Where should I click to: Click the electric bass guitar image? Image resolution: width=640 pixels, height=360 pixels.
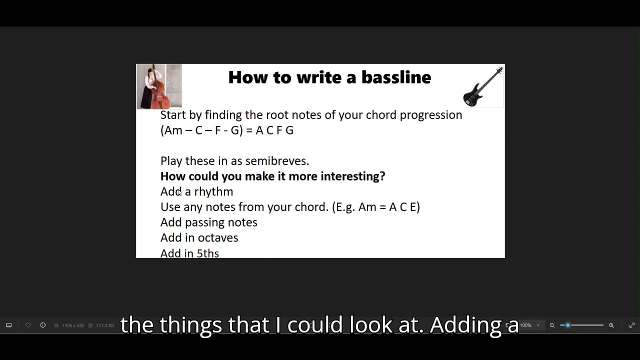point(483,87)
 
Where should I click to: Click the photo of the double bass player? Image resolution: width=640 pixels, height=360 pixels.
point(159,86)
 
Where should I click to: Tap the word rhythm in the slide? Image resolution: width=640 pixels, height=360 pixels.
point(213,192)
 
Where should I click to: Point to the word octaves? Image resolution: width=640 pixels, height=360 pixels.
point(218,238)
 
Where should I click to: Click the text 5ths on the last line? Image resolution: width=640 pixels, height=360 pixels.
point(207,253)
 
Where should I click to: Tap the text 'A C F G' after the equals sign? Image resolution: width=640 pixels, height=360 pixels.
point(274,130)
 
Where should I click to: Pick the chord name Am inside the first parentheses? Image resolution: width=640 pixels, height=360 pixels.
point(173,130)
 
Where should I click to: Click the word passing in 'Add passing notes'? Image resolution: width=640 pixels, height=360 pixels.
point(204,223)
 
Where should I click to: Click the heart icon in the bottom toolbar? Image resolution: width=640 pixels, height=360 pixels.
point(28,325)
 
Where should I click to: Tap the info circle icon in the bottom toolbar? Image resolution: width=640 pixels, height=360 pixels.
point(43,325)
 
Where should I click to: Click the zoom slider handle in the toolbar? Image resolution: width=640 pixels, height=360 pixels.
point(567,325)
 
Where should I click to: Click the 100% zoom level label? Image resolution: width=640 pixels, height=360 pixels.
point(525,325)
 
